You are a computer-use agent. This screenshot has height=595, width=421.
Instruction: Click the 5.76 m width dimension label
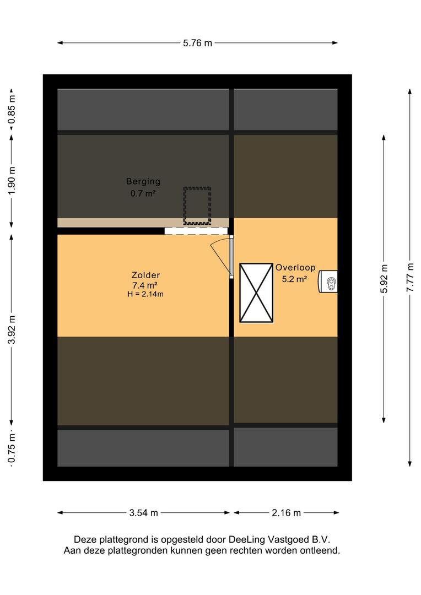pyautogui.click(x=197, y=43)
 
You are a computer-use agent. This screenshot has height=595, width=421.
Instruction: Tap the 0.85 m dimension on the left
pyautogui.click(x=12, y=109)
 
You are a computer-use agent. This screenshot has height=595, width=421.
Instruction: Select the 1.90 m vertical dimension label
pyautogui.click(x=12, y=181)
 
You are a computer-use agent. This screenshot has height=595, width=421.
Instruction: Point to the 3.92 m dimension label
pyautogui.click(x=12, y=329)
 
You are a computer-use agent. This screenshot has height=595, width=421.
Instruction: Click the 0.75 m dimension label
pyautogui.click(x=12, y=449)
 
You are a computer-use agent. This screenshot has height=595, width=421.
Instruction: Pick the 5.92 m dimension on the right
pyautogui.click(x=384, y=279)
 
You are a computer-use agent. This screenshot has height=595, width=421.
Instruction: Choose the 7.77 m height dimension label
pyautogui.click(x=410, y=277)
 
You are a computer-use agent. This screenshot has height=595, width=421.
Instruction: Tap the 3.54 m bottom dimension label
pyautogui.click(x=143, y=513)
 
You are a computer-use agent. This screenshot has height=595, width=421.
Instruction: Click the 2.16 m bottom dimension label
pyautogui.click(x=286, y=513)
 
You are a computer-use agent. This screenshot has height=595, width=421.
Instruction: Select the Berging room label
pyautogui.click(x=143, y=181)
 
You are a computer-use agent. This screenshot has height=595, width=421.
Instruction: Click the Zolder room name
pyautogui.click(x=145, y=275)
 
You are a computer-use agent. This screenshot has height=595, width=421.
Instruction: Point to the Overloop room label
pyautogui.click(x=295, y=268)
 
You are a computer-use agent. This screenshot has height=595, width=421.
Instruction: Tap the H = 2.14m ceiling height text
pyautogui.click(x=145, y=294)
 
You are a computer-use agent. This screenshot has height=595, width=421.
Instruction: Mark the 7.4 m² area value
pyautogui.click(x=144, y=285)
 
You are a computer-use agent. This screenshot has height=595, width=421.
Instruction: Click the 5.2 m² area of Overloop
pyautogui.click(x=294, y=279)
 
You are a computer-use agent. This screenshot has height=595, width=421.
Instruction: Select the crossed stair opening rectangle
pyautogui.click(x=256, y=293)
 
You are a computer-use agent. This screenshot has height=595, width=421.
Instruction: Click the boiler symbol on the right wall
pyautogui.click(x=328, y=281)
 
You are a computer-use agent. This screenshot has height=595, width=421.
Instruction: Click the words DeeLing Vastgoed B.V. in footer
pyautogui.click(x=279, y=539)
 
